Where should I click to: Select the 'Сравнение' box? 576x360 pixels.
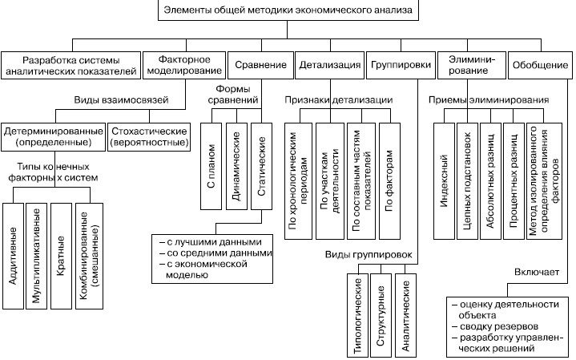(259, 64)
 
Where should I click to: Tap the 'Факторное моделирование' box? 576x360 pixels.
(183, 64)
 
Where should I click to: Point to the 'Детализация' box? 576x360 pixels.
(328, 64)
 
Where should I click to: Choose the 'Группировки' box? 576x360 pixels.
(400, 64)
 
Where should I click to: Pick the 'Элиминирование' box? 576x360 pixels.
(471, 64)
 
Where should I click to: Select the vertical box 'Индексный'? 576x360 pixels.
(444, 181)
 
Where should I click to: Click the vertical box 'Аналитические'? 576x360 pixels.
(406, 313)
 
